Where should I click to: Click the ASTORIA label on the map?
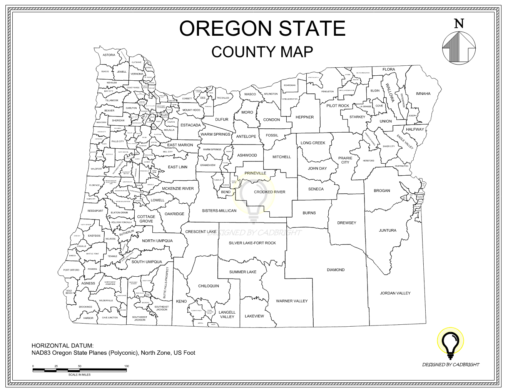click(109, 55)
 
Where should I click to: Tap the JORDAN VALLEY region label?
click(395, 293)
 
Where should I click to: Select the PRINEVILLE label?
click(255, 173)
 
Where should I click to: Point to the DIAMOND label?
click(336, 270)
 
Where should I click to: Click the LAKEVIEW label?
click(254, 316)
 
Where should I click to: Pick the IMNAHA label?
click(423, 94)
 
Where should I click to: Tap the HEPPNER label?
click(304, 117)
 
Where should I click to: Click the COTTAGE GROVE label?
click(146, 219)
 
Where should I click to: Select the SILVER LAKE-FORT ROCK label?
click(252, 243)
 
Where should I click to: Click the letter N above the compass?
click(459, 24)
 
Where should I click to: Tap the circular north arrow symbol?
click(459, 48)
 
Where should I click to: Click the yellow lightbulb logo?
click(450, 341)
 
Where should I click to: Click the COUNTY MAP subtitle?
click(262, 52)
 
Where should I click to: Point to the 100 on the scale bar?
click(126, 366)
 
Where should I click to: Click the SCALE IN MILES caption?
click(79, 374)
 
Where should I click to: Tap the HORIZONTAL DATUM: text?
click(62, 345)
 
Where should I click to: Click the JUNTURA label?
click(387, 231)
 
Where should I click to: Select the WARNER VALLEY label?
click(292, 301)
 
